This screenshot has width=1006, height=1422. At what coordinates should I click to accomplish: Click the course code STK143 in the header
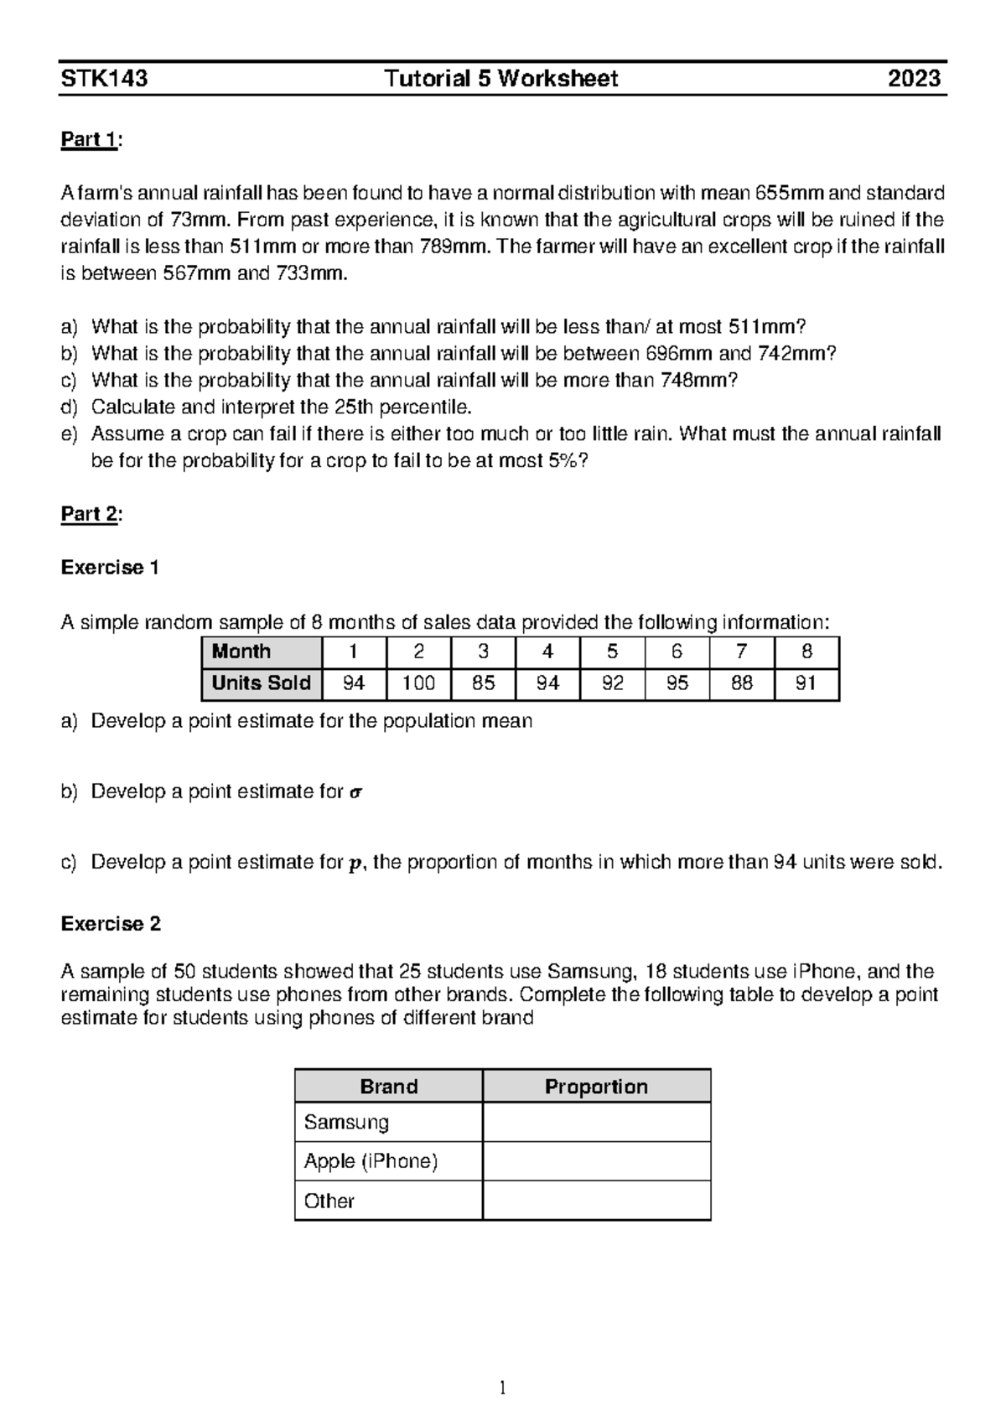click(x=105, y=79)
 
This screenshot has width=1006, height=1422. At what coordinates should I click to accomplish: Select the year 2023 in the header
click(x=915, y=79)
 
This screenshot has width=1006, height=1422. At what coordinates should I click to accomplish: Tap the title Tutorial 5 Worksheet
click(x=501, y=79)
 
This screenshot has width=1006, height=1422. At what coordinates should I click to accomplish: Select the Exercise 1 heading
click(x=110, y=568)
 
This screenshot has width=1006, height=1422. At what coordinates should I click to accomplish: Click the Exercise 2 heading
click(x=111, y=924)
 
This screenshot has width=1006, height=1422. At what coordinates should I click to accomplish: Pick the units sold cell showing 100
click(x=418, y=683)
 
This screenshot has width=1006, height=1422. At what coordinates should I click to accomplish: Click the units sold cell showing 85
click(x=483, y=683)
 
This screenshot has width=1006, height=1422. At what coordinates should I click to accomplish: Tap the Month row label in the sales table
click(x=241, y=651)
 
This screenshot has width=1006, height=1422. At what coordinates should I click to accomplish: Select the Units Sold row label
click(x=261, y=683)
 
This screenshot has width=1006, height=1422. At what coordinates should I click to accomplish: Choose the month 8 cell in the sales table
click(x=806, y=651)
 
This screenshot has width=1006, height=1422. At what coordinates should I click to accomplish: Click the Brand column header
click(x=388, y=1087)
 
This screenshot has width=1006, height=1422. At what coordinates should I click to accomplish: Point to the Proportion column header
click(x=596, y=1087)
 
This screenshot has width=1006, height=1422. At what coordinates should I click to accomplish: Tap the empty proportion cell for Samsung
click(x=596, y=1122)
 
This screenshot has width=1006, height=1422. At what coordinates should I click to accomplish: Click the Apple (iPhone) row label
click(x=371, y=1161)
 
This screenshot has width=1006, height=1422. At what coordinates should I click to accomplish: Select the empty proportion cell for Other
click(x=596, y=1201)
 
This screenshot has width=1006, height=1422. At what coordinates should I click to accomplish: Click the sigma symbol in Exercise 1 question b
click(x=355, y=792)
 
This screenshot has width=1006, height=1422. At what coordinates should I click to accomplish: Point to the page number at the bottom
click(x=502, y=1388)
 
